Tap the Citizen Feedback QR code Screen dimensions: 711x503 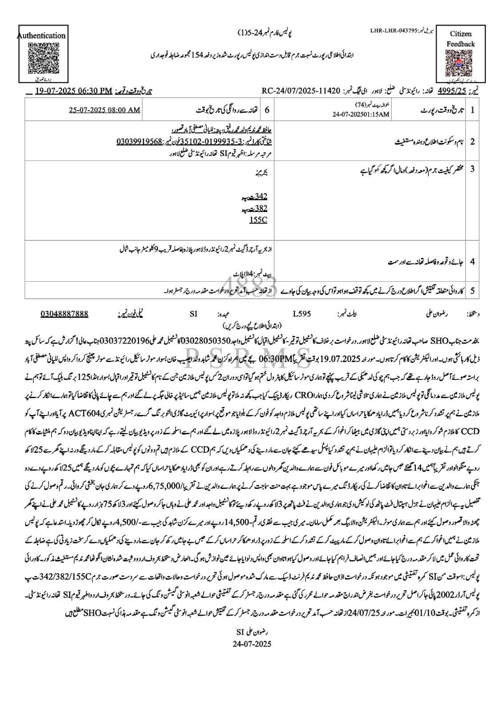click(461, 64)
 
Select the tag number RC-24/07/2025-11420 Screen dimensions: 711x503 click(300, 91)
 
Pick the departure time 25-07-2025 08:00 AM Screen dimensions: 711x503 click(105, 110)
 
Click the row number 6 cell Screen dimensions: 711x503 click(267, 110)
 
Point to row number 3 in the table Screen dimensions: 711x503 click(472, 169)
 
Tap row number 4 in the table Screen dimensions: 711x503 click(472, 262)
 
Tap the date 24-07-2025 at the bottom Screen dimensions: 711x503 click(252, 643)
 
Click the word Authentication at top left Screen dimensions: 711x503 click(41, 36)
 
